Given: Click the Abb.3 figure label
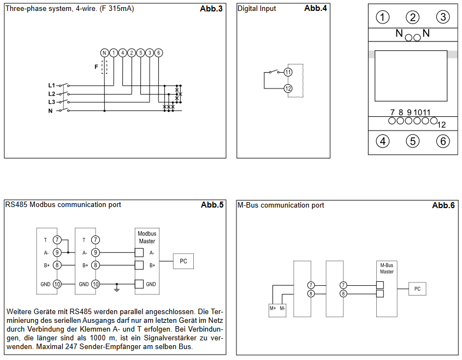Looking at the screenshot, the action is point(211,9).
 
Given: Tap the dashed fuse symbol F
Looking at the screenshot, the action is point(104,67).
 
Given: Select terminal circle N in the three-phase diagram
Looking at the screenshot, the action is point(104,53).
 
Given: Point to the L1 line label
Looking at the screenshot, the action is point(51,86).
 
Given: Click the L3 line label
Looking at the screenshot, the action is point(51,102).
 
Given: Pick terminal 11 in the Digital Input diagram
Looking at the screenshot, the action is point(288,72).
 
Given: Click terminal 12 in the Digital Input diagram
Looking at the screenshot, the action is point(288,88).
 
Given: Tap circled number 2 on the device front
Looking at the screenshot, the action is point(412,17).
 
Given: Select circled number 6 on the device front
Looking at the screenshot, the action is point(443,141).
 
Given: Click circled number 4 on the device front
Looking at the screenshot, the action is point(382,141).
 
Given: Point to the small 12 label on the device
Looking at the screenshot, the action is point(441,125).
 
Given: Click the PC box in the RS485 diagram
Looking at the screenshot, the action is point(183,261).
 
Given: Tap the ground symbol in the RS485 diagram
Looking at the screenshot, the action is point(117,287).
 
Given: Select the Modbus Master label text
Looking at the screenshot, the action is point(147,237).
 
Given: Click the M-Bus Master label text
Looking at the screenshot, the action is point(387,268).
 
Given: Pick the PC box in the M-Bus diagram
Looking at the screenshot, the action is point(417,288).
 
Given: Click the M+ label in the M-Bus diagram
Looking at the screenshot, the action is point(273,309).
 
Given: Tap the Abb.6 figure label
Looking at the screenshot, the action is point(443,205).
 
